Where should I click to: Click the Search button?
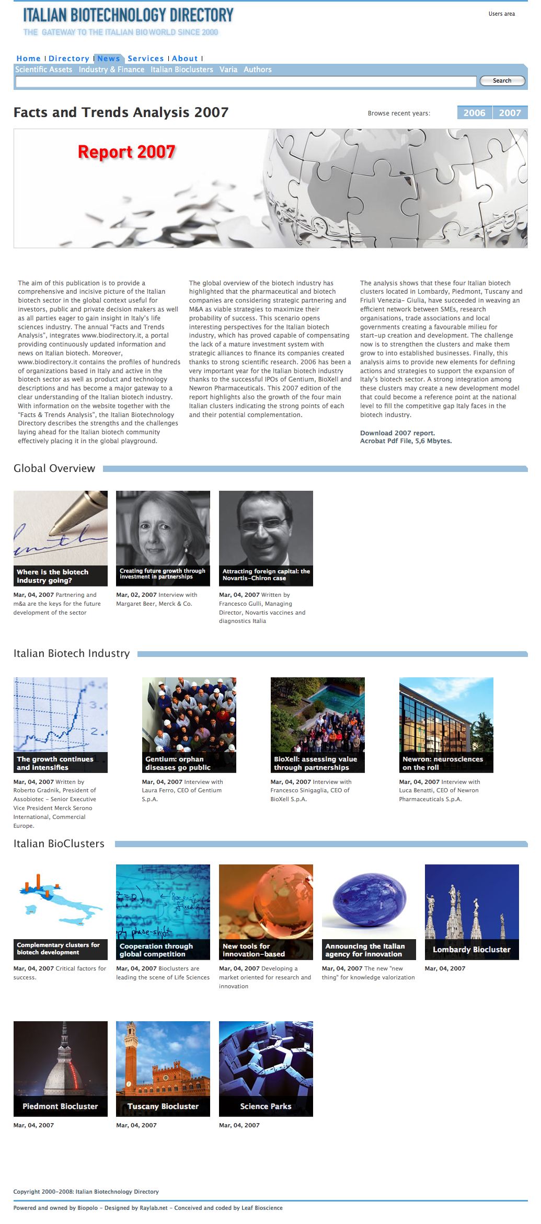click(502, 80)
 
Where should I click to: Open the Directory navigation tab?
click(68, 59)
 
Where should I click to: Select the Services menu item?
click(145, 59)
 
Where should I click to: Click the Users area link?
click(501, 14)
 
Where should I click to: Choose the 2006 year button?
click(474, 113)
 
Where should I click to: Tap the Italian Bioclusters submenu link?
click(181, 70)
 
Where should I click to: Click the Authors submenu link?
click(257, 70)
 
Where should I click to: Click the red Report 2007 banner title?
click(126, 152)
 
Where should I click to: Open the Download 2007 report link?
click(397, 433)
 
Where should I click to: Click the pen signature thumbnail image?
click(60, 528)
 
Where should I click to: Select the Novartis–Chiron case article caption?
click(266, 575)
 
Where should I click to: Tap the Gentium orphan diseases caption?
click(189, 763)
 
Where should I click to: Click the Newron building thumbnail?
click(446, 714)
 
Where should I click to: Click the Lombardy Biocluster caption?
click(471, 950)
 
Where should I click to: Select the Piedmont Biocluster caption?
click(60, 1106)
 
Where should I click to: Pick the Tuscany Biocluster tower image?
click(163, 1058)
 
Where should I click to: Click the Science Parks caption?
click(266, 1106)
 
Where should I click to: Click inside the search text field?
click(246, 81)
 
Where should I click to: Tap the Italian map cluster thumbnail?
click(60, 902)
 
